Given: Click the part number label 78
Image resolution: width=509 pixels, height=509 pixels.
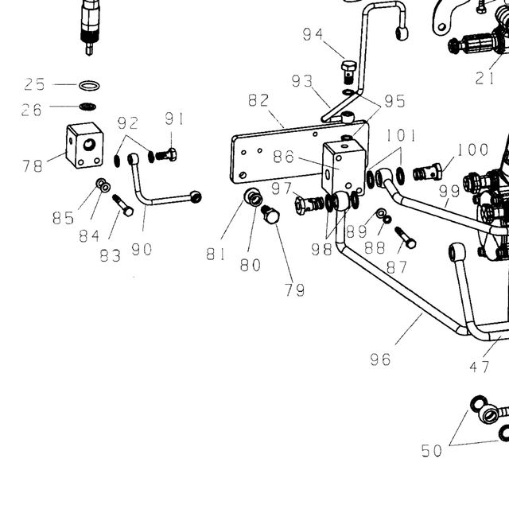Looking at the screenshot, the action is tap(33, 166).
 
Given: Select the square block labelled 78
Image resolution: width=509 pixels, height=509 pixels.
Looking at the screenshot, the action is tap(85, 146).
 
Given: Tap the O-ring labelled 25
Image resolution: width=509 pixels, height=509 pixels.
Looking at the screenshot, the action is tap(89, 86).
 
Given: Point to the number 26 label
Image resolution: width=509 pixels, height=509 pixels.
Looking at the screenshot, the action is tap(32, 110).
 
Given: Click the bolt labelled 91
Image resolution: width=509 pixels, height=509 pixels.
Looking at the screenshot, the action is tap(166, 155).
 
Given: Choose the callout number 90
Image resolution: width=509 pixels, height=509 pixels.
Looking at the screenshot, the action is tap(142, 249).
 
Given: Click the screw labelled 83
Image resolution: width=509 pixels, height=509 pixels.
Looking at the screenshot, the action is tap(122, 205).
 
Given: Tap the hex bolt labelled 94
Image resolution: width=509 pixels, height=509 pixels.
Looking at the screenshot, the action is tap(348, 72).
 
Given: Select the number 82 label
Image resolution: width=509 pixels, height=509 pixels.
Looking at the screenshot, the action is tap(258, 100).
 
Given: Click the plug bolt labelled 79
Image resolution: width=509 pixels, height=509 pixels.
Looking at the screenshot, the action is tap(270, 214).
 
